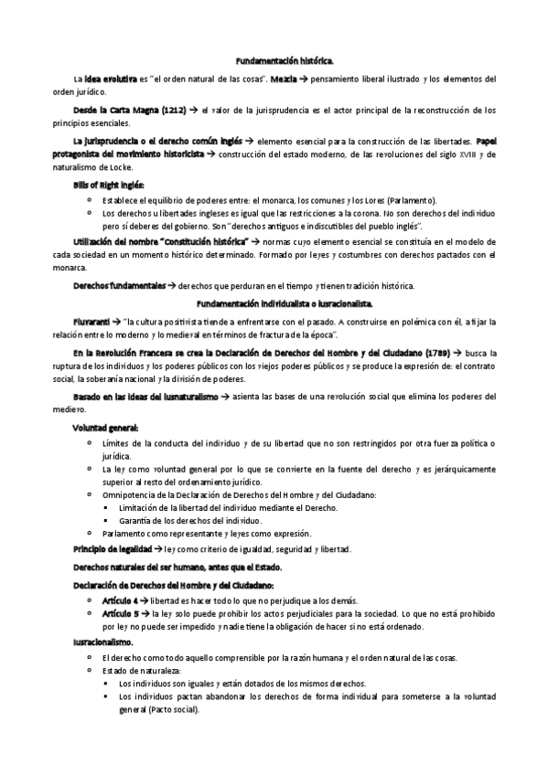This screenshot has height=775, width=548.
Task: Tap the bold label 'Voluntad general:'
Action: coord(105,427)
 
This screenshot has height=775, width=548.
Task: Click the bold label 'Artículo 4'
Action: coord(120,600)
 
